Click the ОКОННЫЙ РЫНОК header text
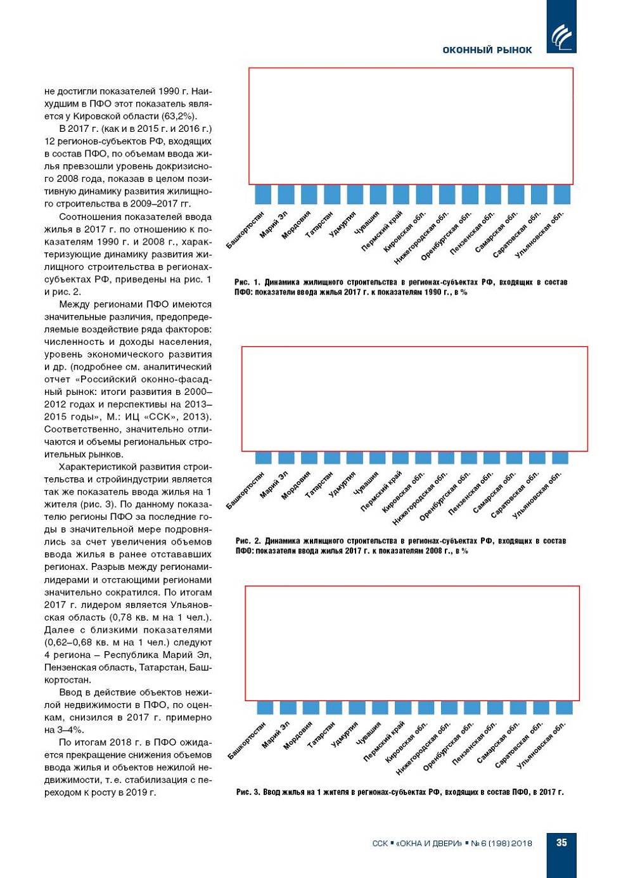[487, 50]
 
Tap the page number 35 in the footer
[561, 842]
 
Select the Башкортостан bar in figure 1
[263, 194]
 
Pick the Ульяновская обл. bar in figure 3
[564, 707]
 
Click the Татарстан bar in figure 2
[331, 458]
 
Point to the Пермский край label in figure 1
[383, 231]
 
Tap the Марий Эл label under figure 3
[276, 733]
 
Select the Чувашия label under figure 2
[366, 482]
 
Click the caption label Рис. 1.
[247, 282]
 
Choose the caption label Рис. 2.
[248, 541]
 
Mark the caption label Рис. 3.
[248, 792]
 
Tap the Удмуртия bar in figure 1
[355, 194]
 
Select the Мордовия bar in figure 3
[310, 707]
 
